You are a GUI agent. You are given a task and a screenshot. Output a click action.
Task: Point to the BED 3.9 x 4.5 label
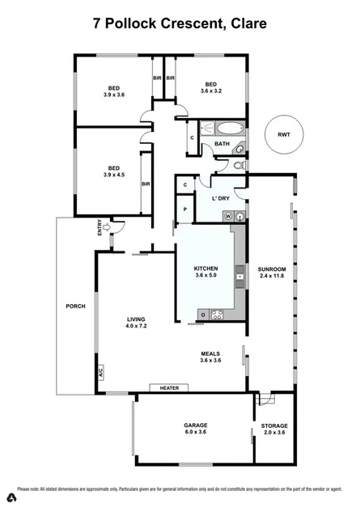point(114,171)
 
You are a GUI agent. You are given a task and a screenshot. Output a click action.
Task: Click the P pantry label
point(185,209)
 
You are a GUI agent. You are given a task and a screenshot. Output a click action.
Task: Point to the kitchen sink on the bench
point(239,277)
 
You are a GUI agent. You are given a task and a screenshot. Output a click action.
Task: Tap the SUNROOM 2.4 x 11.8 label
point(271,272)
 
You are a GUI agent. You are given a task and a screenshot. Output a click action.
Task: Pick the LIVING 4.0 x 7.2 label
point(135,324)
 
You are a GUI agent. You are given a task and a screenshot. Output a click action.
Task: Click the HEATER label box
point(168,388)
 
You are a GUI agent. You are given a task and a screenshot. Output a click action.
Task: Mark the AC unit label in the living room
point(101,374)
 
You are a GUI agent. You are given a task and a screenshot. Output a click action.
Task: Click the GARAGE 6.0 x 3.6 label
point(195,429)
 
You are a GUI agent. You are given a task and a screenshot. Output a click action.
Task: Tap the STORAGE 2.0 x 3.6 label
point(274,429)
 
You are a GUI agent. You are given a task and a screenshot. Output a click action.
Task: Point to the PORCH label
point(75,307)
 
